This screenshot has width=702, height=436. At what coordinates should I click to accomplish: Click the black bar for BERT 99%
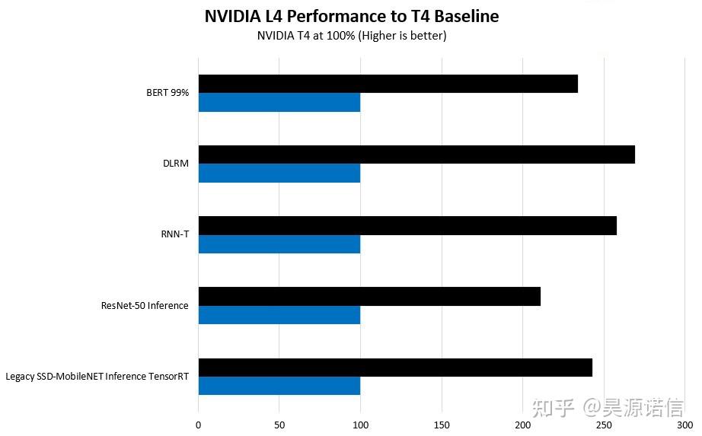click(388, 84)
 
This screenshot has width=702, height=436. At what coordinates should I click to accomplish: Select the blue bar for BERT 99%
click(279, 103)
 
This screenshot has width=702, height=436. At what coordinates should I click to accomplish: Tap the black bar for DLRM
click(416, 154)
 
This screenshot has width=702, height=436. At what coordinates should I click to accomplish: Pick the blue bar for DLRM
click(279, 173)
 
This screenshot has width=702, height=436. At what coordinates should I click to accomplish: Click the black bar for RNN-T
click(407, 225)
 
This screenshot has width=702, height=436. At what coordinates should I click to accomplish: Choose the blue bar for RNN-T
click(279, 244)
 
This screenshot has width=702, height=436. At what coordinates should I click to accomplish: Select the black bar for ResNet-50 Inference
click(369, 296)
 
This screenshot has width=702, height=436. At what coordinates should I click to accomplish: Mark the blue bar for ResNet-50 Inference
click(279, 315)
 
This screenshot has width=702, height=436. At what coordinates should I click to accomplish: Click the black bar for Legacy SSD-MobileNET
click(395, 368)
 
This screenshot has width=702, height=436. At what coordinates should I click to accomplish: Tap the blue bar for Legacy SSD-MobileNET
click(279, 386)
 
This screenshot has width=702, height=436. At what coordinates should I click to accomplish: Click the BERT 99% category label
click(168, 93)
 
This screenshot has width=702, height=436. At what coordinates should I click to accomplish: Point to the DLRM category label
click(176, 164)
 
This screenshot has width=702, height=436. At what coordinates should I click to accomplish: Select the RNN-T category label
click(174, 234)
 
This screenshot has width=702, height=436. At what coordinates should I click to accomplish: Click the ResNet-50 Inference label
click(145, 305)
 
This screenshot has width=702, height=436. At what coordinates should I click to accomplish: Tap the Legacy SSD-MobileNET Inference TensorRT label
click(97, 376)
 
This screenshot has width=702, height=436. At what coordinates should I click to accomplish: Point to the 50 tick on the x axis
click(279, 425)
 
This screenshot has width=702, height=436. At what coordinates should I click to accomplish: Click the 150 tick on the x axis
click(442, 425)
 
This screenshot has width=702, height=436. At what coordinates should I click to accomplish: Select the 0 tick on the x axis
click(199, 425)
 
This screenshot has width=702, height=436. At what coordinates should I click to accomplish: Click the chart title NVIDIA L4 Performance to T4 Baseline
click(352, 17)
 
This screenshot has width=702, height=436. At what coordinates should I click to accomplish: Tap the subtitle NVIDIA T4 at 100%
click(352, 36)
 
